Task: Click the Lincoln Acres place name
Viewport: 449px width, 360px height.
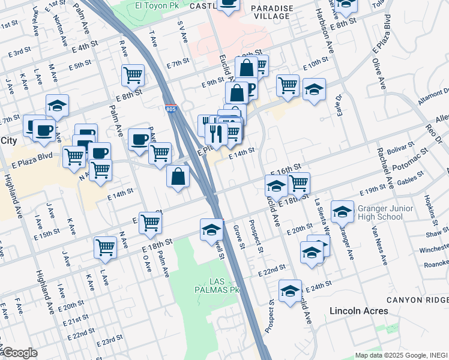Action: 359,311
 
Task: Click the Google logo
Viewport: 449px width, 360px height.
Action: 19,353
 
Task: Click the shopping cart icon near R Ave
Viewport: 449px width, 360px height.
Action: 133,75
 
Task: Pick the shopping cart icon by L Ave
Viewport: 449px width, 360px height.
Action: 106,247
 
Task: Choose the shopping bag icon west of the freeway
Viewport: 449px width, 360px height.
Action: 178,176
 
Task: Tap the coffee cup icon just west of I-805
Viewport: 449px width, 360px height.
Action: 139,139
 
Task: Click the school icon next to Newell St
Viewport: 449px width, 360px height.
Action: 211,229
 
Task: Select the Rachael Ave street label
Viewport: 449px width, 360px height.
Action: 382,168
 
